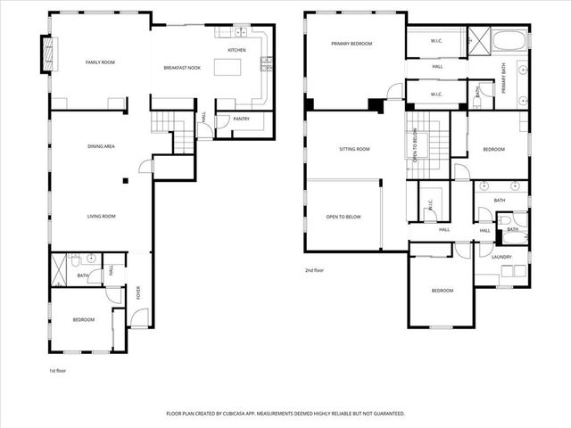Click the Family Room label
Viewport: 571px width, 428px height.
click(100, 62)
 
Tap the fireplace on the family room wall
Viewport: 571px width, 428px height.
click(46, 54)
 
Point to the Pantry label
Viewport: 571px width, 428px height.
click(241, 118)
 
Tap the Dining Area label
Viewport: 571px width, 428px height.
click(100, 146)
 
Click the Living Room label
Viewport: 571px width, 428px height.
click(100, 216)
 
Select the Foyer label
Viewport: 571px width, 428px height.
click(138, 291)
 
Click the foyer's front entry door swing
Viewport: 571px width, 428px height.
click(138, 317)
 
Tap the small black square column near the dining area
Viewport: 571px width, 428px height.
click(126, 181)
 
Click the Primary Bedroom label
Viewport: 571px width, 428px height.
click(350, 44)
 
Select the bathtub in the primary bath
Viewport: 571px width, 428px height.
click(508, 41)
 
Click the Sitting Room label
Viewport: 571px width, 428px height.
click(354, 149)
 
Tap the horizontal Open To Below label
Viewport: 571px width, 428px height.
click(343, 216)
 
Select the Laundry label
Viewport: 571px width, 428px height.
click(501, 258)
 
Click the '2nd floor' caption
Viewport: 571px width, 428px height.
click(314, 269)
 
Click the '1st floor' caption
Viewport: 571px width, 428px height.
click(58, 369)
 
